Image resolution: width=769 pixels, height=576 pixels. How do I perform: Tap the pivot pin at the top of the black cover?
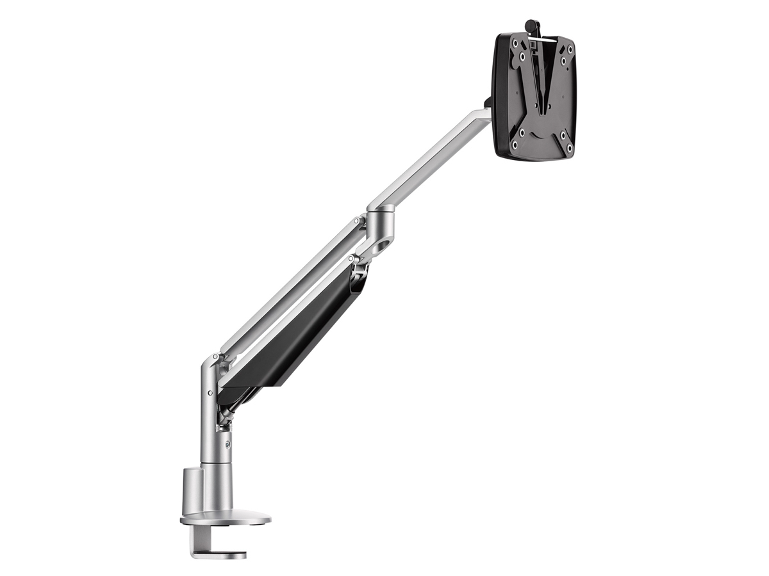point(352,259)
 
